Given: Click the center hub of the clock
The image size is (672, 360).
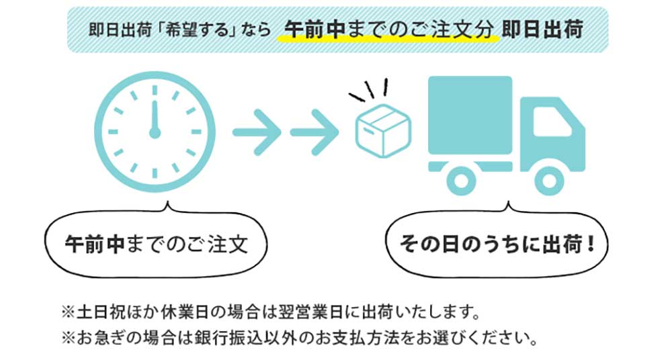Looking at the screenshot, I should (x=155, y=132).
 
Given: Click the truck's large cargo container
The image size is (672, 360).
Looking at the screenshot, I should (x=470, y=114).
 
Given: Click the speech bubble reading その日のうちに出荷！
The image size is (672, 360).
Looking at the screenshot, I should (x=497, y=243).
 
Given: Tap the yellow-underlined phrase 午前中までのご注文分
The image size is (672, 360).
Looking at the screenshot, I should (x=389, y=30).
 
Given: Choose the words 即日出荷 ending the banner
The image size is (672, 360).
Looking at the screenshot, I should (x=542, y=30).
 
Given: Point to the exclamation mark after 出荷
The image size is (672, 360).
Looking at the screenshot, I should (x=591, y=243).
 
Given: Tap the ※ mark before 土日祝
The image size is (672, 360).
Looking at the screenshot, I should (x=67, y=313).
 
